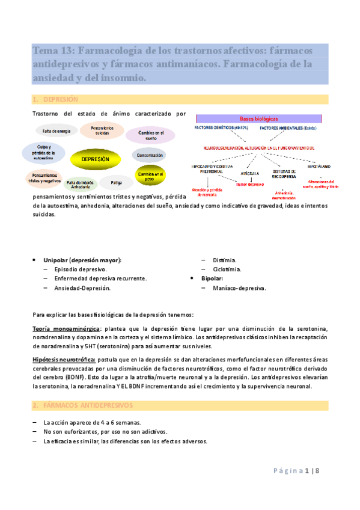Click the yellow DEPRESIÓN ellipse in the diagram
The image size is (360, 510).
coord(94,159)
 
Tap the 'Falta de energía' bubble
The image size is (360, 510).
coord(55,131)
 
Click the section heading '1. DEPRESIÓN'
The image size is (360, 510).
coord(56,99)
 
